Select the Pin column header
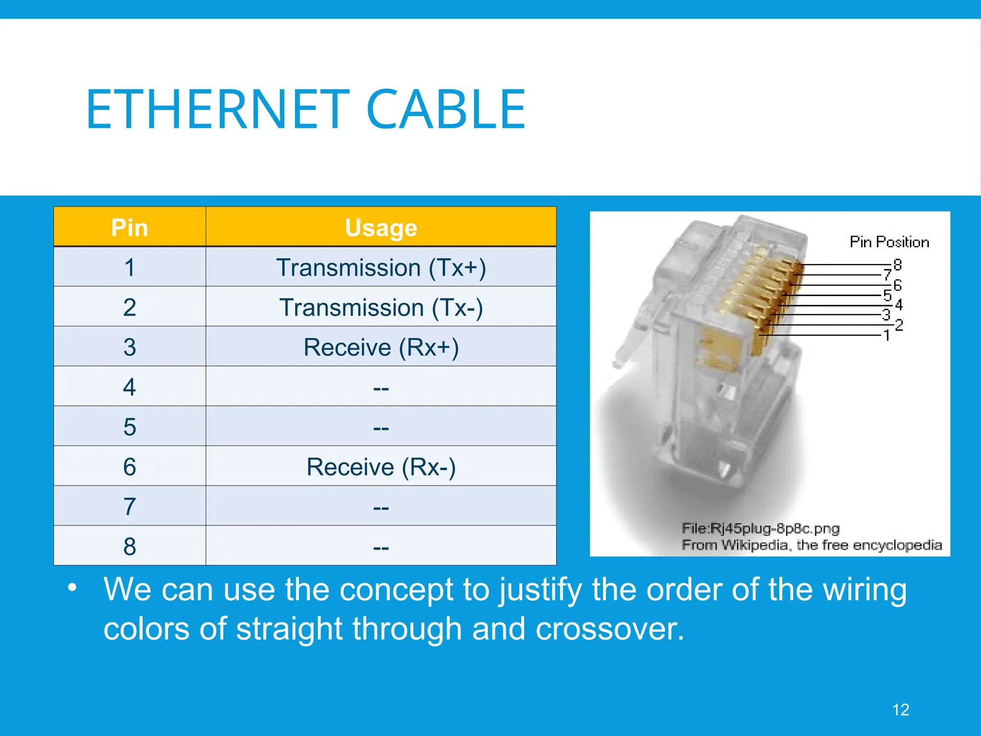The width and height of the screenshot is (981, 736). pos(129,227)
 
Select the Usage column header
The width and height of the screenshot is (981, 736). pos(381,227)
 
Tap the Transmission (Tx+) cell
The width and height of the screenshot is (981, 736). pos(381,267)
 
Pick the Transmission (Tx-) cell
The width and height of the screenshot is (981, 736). pos(381,307)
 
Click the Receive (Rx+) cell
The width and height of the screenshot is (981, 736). pos(381,347)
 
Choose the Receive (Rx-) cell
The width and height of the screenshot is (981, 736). pos(381,467)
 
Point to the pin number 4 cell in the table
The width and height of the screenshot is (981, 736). pos(129,387)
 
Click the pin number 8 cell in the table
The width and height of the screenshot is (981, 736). pos(129,546)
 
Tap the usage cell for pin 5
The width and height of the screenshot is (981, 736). pos(381,427)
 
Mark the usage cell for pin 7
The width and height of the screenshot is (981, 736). pos(381,506)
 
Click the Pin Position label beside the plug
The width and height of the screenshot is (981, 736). pos(889,242)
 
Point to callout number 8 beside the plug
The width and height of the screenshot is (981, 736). pos(897,264)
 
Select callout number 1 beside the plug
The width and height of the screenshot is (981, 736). pos(887,335)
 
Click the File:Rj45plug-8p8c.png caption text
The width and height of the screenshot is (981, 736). pos(760,529)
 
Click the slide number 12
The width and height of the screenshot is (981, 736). pos(901,710)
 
